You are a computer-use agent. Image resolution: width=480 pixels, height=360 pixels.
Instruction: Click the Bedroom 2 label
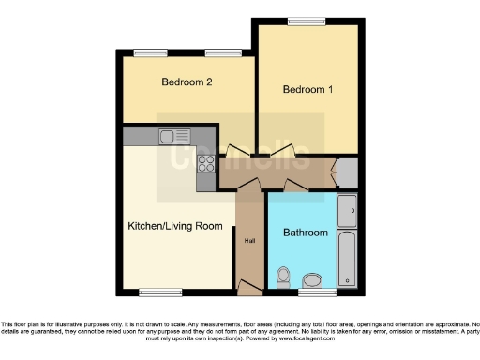click(x=187, y=82)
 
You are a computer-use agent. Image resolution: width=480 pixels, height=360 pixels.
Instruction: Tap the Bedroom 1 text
click(x=307, y=90)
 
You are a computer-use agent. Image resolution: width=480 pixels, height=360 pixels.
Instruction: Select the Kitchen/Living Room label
click(x=175, y=226)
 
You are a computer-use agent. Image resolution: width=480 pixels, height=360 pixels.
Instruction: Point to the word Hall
click(x=249, y=241)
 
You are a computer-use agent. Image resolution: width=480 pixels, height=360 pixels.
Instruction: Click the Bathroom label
click(x=306, y=232)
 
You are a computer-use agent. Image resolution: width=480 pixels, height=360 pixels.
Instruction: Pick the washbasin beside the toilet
click(x=312, y=279)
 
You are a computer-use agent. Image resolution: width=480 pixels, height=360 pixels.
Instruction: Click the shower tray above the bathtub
click(x=346, y=212)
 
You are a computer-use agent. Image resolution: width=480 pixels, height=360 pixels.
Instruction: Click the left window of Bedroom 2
click(x=144, y=52)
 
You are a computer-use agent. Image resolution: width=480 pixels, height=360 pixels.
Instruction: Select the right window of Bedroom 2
click(x=217, y=52)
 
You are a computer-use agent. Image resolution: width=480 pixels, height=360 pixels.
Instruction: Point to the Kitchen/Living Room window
click(x=160, y=292)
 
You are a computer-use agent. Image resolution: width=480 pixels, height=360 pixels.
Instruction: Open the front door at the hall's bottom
click(x=249, y=285)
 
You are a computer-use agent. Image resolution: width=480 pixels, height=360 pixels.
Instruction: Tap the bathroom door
click(x=296, y=186)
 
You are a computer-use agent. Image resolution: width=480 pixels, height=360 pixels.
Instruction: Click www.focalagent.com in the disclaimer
click(x=316, y=338)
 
